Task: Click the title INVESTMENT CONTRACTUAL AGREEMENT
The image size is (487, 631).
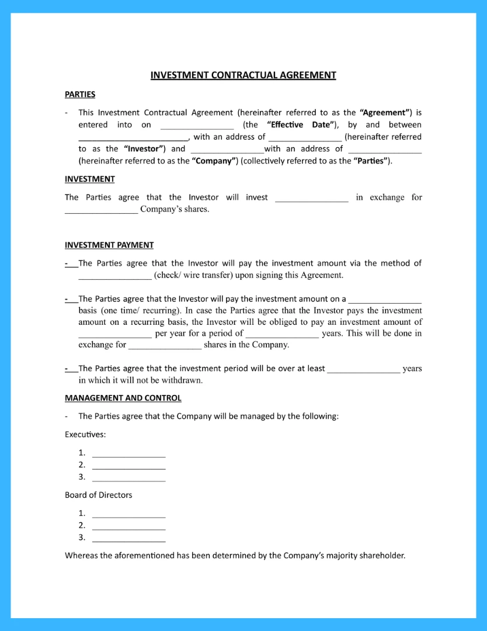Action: click(243, 75)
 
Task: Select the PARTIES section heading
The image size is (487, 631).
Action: click(80, 94)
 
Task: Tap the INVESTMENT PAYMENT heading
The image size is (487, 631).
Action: click(109, 245)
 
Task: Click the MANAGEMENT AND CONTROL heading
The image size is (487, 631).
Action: click(123, 398)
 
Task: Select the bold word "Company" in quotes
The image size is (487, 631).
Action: click(214, 161)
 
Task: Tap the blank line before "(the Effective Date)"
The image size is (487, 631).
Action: click(197, 126)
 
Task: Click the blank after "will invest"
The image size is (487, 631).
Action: click(311, 198)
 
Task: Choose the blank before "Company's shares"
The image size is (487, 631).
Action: click(101, 210)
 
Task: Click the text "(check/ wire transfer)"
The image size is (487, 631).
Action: click(190, 275)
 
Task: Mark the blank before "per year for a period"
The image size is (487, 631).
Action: click(114, 335)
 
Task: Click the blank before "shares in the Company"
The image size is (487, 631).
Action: click(165, 346)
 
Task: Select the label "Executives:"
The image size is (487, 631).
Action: click(85, 434)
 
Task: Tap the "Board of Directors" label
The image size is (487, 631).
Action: click(98, 495)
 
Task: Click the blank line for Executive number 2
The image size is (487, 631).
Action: click(128, 466)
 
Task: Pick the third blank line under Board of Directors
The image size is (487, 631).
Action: click(128, 539)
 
